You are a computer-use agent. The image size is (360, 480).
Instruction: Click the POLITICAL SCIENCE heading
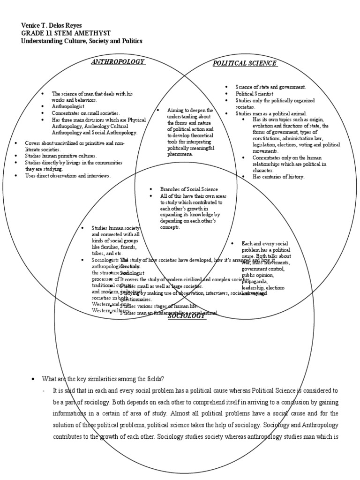point(244,63)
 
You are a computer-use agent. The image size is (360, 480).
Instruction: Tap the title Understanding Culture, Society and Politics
point(82,41)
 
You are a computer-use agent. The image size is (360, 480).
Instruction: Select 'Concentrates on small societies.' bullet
point(86,113)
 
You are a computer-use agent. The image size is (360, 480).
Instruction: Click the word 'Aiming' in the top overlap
point(177,110)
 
